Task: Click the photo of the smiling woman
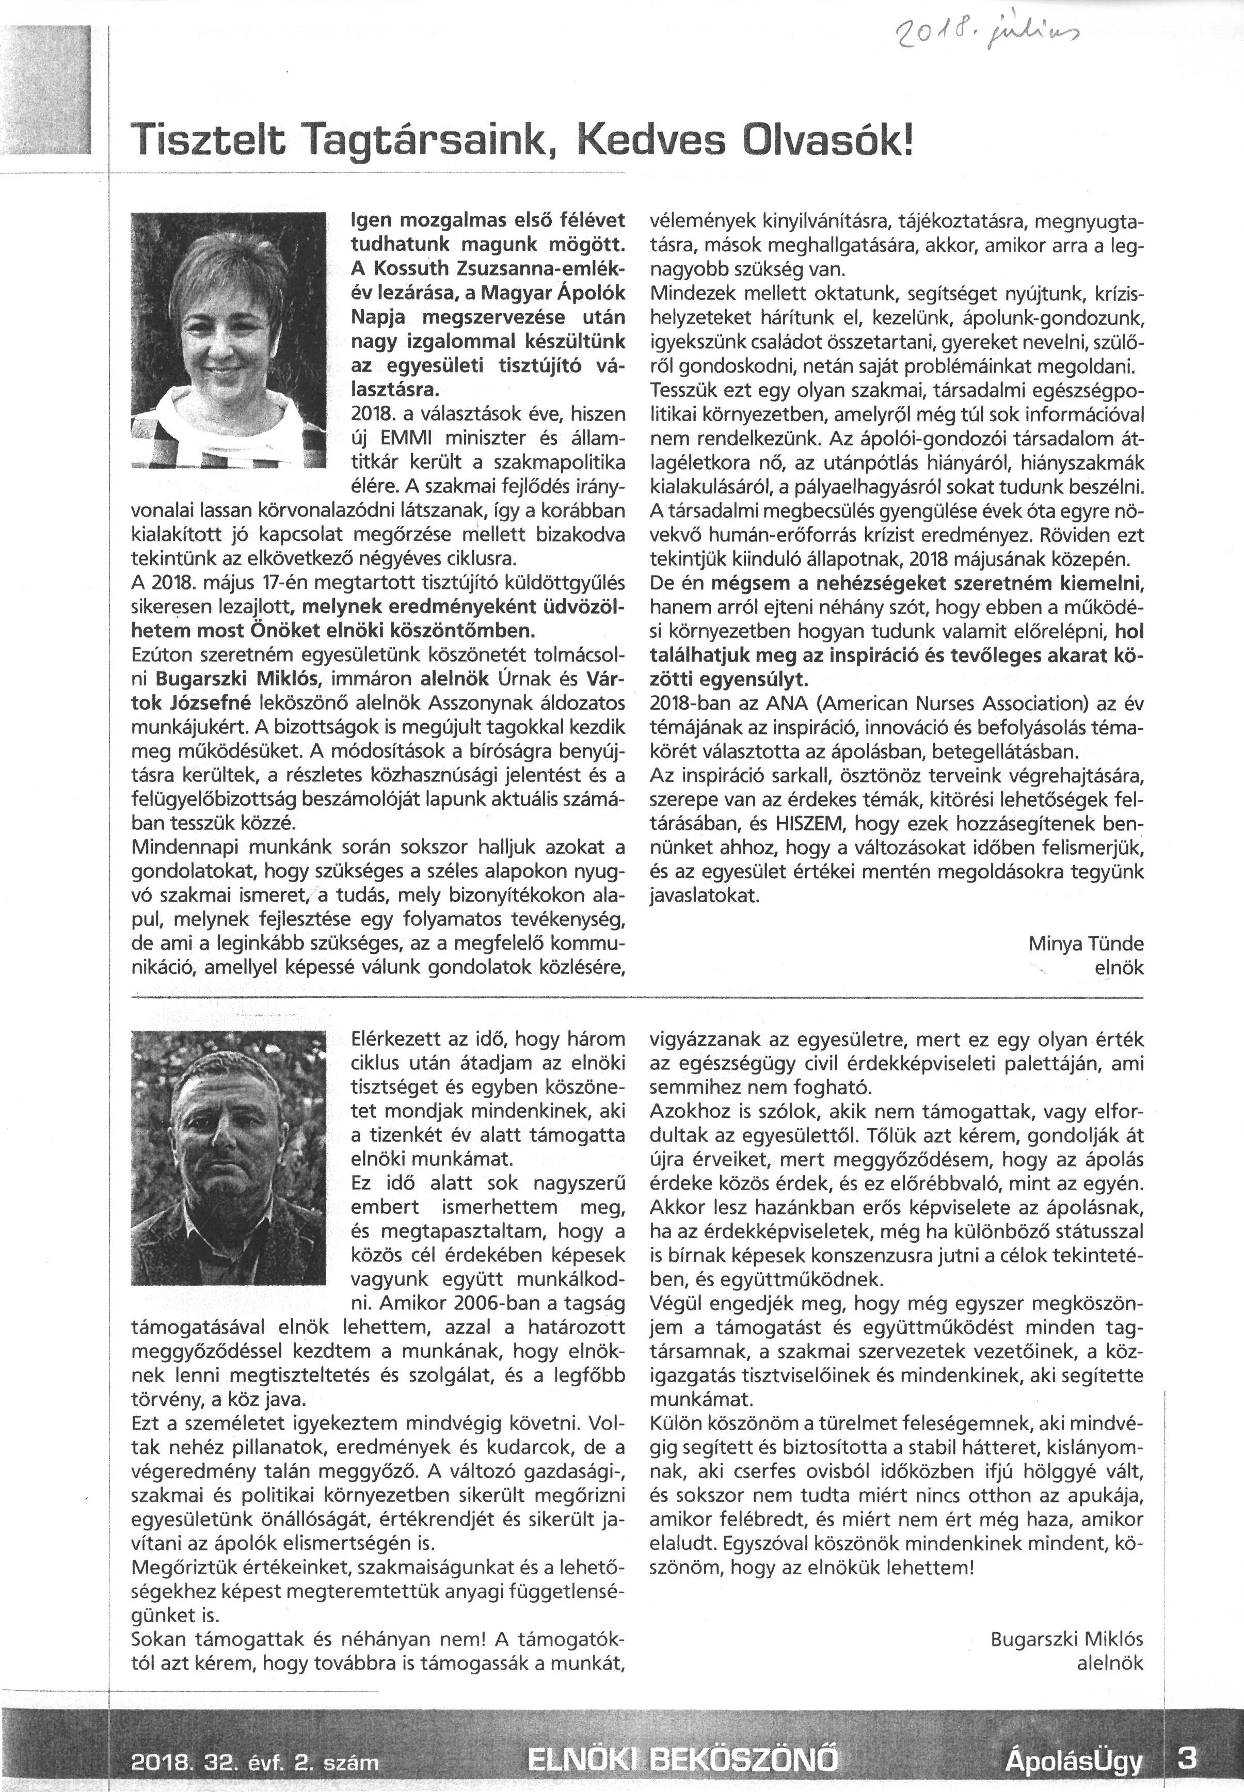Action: pos(228,340)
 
